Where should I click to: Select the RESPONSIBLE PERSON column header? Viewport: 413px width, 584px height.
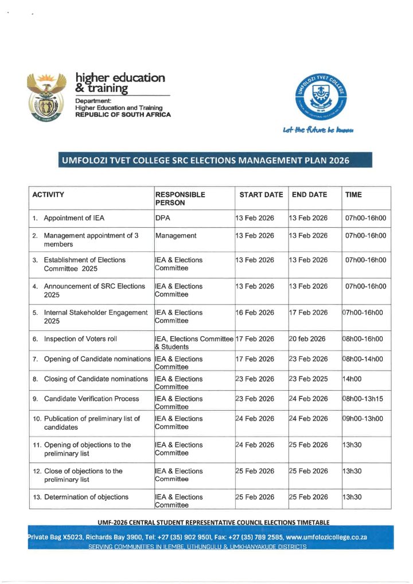tap(180, 198)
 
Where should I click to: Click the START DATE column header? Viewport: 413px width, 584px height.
tap(261, 194)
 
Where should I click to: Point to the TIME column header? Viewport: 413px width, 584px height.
tap(353, 194)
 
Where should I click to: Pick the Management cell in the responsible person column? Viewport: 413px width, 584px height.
tap(176, 235)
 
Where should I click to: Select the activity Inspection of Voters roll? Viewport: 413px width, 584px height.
tap(80, 338)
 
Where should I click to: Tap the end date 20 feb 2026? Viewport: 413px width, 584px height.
tap(308, 338)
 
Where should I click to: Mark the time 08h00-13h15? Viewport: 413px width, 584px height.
tap(364, 399)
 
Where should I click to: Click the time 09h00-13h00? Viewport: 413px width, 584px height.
tap(364, 418)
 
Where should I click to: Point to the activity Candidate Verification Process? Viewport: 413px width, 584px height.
tap(91, 399)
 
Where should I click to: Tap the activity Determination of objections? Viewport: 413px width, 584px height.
tap(86, 497)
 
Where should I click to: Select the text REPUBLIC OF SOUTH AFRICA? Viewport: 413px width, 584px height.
tap(123, 114)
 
